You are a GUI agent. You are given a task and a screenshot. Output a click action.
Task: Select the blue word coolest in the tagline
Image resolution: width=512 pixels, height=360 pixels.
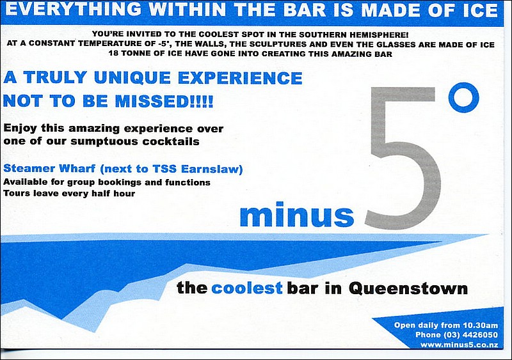coord(247,288)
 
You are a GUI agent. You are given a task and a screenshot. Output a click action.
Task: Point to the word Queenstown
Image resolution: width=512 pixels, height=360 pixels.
coord(408,288)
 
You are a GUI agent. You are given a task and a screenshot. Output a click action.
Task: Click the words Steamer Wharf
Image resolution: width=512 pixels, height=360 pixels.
coord(49,168)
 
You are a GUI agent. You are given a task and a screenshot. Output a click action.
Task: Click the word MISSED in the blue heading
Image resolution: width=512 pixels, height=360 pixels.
coord(152,101)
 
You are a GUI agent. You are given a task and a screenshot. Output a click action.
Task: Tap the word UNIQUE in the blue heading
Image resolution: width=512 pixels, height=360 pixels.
coord(132,78)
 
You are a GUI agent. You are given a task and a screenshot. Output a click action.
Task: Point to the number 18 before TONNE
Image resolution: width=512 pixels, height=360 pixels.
coord(113,54)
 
